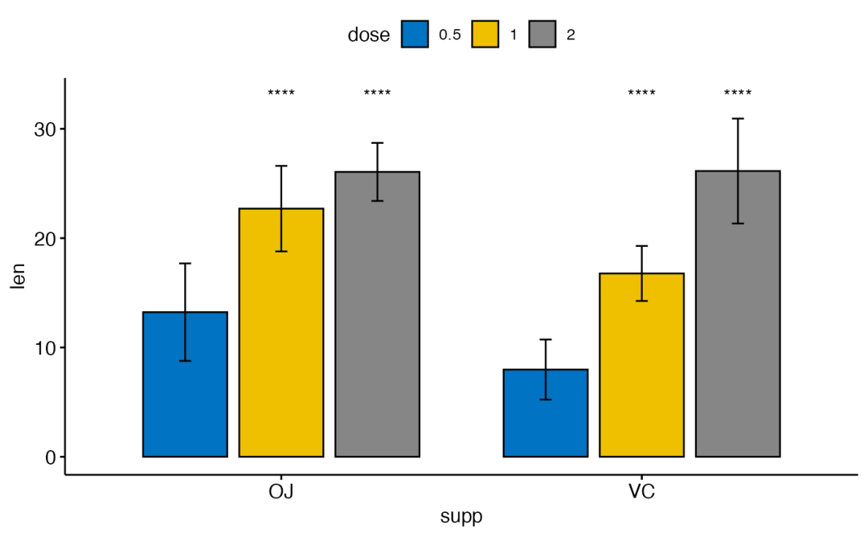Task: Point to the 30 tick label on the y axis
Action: coord(45,129)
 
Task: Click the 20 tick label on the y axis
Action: coord(45,239)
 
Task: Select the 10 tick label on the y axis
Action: coord(45,348)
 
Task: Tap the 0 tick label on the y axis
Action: coord(50,457)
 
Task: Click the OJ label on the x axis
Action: coord(280,491)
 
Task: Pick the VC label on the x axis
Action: coord(641,491)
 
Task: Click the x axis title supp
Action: coord(461,516)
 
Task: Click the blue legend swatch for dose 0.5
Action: coord(415,35)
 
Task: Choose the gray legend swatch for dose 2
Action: coord(543,35)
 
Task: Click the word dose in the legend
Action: coord(369,35)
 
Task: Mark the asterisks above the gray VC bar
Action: coord(738,93)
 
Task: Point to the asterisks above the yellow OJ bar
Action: coord(281,93)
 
